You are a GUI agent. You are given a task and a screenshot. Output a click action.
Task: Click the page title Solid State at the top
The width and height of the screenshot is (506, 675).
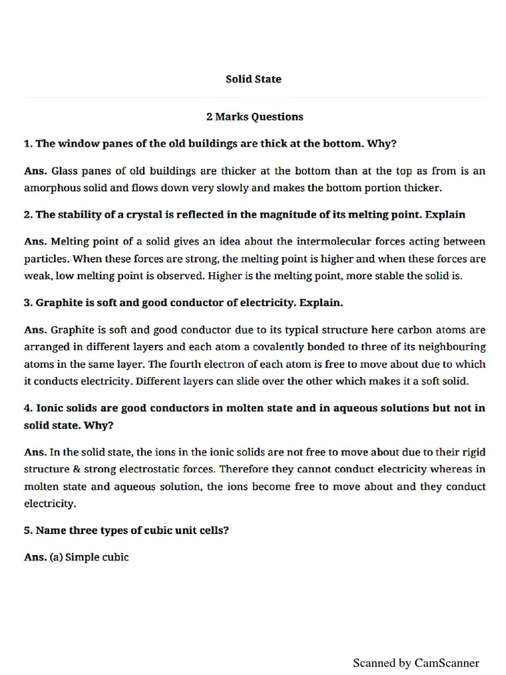coord(253,79)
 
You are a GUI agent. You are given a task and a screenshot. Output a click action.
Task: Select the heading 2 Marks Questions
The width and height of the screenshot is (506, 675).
coord(254,117)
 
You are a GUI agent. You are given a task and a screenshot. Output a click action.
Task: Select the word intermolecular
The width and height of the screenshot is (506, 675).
coord(335,241)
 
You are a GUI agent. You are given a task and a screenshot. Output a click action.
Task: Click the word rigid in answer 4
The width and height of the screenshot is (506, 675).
coord(473,452)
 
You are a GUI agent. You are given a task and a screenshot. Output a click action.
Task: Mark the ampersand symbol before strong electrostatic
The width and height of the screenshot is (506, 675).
coord(82,469)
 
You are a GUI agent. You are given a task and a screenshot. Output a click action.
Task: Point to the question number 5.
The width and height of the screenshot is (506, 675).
coord(28,530)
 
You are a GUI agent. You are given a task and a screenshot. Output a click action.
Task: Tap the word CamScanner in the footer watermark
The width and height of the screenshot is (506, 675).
coord(447,662)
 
